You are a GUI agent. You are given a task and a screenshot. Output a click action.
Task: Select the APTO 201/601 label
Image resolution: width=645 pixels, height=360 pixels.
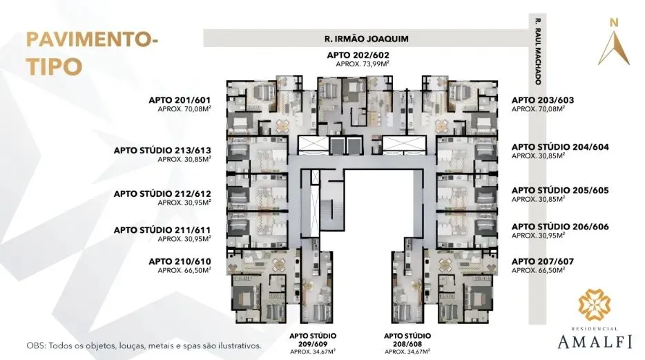click(180, 100)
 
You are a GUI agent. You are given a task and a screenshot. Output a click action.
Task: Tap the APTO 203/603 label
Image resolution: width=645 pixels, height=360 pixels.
click(543, 100)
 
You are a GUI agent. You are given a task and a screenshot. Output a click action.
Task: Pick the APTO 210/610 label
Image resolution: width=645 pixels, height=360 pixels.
click(180, 260)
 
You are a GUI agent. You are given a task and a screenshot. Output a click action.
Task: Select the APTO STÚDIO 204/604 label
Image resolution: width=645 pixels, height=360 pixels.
click(560, 147)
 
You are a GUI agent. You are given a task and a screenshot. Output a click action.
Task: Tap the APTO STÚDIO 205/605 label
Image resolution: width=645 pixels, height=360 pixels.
click(560, 189)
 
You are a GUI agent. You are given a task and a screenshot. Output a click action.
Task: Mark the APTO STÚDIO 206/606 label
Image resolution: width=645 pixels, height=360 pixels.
click(560, 226)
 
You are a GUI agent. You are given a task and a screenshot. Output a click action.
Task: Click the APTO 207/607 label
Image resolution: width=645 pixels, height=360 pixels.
click(543, 260)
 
